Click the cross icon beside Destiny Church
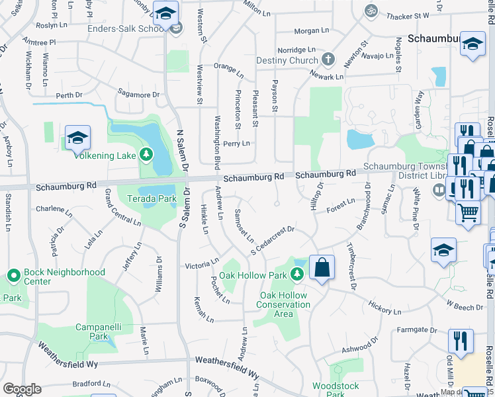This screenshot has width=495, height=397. click(x=327, y=60)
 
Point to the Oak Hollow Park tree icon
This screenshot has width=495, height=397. click(x=298, y=274)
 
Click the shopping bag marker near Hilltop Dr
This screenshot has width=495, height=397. click(x=322, y=269)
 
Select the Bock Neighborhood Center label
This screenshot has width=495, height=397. click(x=64, y=277)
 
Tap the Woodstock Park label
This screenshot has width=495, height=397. click(x=336, y=390)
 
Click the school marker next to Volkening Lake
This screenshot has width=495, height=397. click(x=78, y=138)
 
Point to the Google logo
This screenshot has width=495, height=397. click(x=22, y=389)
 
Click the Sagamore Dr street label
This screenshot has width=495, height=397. click(x=138, y=95)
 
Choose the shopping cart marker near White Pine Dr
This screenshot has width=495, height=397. click(x=469, y=213)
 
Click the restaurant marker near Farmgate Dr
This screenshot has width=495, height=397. click(x=460, y=341)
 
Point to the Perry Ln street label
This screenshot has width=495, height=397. click(x=236, y=143)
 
